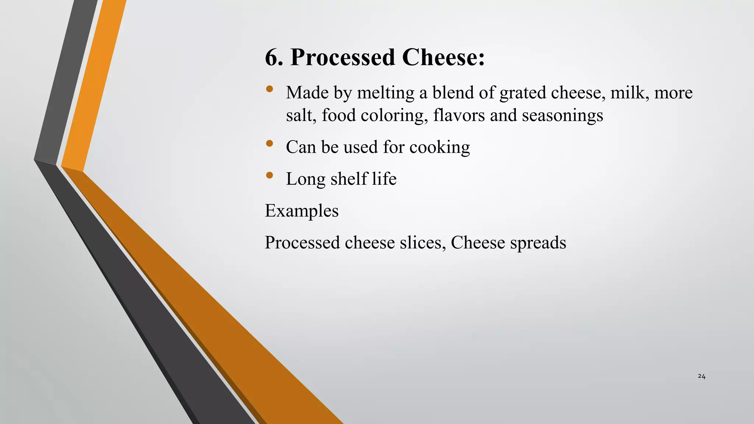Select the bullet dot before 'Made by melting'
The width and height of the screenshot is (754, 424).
(x=269, y=89)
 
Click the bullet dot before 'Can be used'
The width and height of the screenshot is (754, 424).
(x=269, y=143)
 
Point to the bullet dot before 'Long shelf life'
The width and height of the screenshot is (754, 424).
(x=269, y=175)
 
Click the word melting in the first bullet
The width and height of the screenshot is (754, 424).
(x=385, y=92)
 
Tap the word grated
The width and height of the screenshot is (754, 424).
(x=522, y=92)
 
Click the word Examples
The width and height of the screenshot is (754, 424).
(x=302, y=211)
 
